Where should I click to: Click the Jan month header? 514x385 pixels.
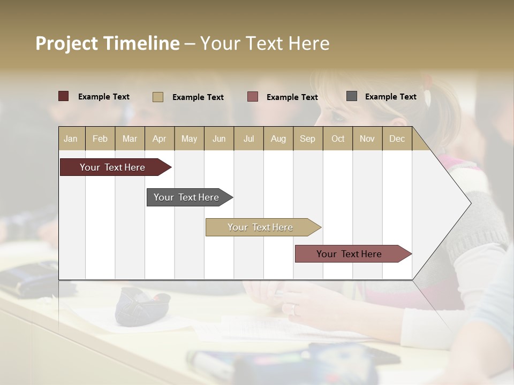tap(71, 138)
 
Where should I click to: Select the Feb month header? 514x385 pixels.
tap(100, 138)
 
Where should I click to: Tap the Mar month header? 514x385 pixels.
tap(130, 138)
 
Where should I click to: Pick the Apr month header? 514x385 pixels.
tap(160, 138)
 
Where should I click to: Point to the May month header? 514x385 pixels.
tap(189, 138)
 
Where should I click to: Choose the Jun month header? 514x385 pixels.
tap(219, 138)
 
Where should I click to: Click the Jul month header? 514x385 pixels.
tap(248, 138)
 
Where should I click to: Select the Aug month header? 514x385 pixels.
tap(278, 138)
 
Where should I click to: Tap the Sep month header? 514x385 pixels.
tap(308, 138)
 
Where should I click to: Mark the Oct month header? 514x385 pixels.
tap(338, 138)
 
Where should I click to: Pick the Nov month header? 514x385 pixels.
tap(367, 138)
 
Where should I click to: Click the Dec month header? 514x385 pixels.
tap(397, 138)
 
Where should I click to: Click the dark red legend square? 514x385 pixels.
tap(64, 96)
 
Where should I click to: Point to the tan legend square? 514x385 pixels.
tap(158, 97)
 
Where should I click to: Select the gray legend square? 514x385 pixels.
tap(352, 96)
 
